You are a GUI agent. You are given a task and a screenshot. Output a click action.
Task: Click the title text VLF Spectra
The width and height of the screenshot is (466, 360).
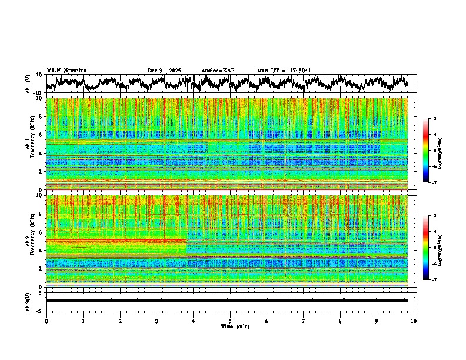coord(66,71)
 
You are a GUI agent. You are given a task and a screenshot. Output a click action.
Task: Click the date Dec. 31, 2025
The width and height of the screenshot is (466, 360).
coord(164,71)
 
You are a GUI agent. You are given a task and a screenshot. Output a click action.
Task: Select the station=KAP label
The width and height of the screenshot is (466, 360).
coord(218,71)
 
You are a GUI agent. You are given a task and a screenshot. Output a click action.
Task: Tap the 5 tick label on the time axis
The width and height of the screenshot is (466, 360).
coord(230,321)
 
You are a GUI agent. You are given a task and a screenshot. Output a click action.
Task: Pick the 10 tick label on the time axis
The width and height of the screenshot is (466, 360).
coord(414,321)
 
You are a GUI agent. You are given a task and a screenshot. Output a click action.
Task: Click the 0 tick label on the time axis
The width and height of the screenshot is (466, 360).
coord(46,321)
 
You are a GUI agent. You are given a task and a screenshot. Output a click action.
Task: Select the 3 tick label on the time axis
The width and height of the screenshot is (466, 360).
coord(157,321)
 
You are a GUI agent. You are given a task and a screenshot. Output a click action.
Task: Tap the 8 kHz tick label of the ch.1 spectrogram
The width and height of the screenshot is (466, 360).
coord(41,116)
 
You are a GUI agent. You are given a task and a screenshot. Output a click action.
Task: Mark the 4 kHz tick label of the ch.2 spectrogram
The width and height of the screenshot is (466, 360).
coord(41,250)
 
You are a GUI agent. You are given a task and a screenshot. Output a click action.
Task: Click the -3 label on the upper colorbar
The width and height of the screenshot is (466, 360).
coord(434,119)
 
